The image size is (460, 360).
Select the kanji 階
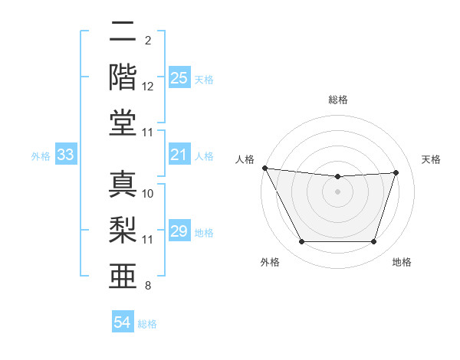[123, 76]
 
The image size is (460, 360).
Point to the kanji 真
[123, 185]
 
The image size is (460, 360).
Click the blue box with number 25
[179, 78]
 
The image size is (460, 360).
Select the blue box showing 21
[179, 155]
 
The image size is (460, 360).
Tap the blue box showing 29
[179, 232]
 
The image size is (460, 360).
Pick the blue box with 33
[66, 155]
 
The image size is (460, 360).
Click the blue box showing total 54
[123, 322]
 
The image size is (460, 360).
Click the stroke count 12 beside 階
[148, 87]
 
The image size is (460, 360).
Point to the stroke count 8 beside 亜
[148, 286]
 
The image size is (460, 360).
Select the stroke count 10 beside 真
[148, 194]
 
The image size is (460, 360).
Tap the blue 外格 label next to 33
[41, 156]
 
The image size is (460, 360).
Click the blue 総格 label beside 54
[147, 324]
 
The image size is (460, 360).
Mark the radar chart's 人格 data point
[264, 168]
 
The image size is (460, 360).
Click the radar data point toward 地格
[374, 242]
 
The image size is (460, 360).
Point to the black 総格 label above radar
[338, 100]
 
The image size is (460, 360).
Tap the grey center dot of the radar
[338, 191]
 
